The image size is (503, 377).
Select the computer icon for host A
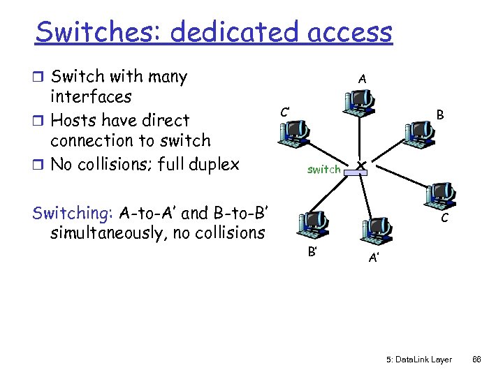pyautogui.click(x=359, y=103)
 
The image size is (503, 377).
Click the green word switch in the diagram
pyautogui.click(x=324, y=169)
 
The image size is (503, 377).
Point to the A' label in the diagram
pyautogui.click(x=374, y=258)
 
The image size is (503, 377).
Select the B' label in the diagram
pyautogui.click(x=312, y=249)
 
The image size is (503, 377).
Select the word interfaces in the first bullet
pyautogui.click(x=91, y=96)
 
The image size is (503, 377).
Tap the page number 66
pyautogui.click(x=477, y=360)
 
